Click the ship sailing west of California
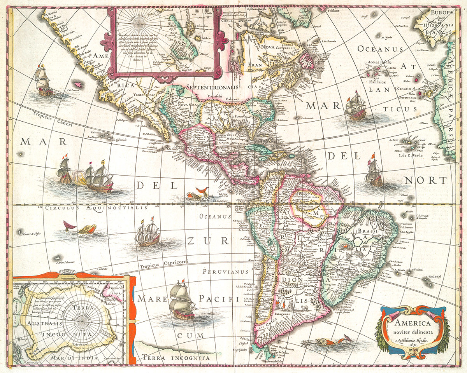click(42, 82)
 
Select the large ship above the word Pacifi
click(182, 299)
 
